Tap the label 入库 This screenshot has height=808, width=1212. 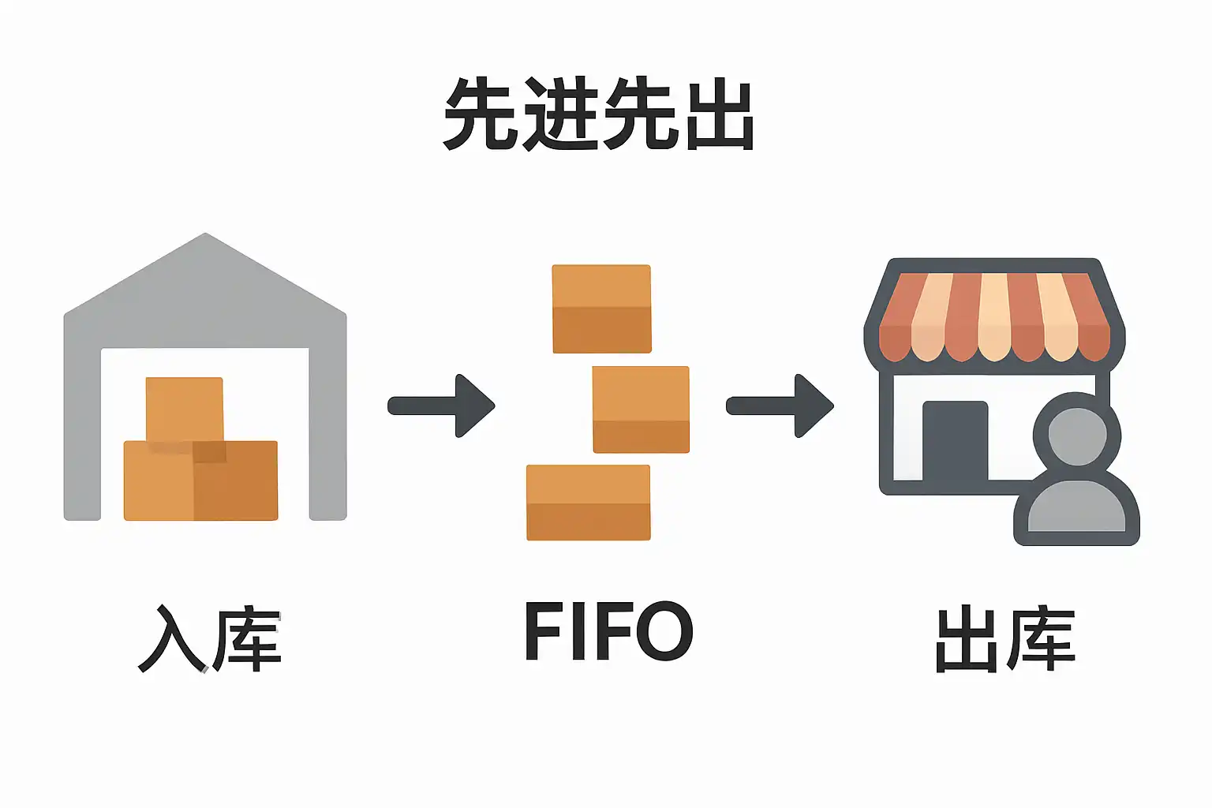(x=209, y=639)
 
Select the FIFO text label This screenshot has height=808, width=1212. (x=608, y=631)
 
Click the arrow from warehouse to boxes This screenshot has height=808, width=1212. (x=442, y=406)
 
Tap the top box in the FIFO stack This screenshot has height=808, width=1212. (x=601, y=309)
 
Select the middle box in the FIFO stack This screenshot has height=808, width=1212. (x=641, y=410)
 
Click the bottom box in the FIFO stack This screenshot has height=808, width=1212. (x=588, y=503)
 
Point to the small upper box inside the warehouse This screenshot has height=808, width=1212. (x=185, y=408)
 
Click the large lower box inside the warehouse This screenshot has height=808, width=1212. (x=200, y=481)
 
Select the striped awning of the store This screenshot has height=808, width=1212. (x=994, y=316)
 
